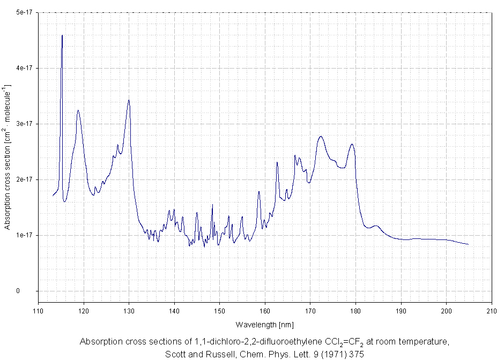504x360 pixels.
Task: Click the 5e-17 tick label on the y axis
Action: [24, 12]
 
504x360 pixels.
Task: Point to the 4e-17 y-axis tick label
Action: [24, 68]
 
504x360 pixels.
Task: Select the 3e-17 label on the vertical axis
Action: [24, 124]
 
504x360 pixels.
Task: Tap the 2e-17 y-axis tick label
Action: [24, 179]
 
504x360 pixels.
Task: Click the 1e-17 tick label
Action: [24, 235]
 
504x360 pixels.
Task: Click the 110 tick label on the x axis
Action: [38, 310]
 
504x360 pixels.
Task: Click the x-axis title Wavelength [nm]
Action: [264, 325]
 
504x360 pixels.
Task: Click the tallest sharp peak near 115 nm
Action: [62, 35]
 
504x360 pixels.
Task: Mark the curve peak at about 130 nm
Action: [129, 100]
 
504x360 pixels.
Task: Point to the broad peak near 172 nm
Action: [321, 137]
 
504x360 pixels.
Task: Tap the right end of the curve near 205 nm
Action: [469, 244]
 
